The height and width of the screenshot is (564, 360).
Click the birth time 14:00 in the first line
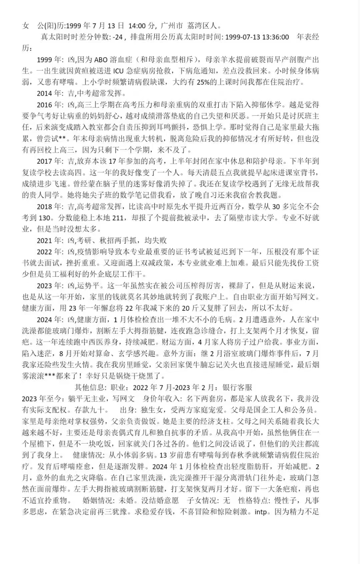pyautogui.click(x=137, y=26)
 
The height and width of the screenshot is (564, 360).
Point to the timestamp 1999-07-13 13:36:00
pyautogui.click(x=257, y=37)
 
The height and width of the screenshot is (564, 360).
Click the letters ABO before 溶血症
pyautogui.click(x=101, y=60)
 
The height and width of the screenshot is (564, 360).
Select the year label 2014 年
pyautogui.click(x=50, y=94)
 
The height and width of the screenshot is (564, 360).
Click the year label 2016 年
pyautogui.click(x=50, y=105)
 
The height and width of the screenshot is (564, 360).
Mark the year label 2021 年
pyautogui.click(x=50, y=241)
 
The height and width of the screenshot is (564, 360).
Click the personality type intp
pyautogui.click(x=261, y=512)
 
